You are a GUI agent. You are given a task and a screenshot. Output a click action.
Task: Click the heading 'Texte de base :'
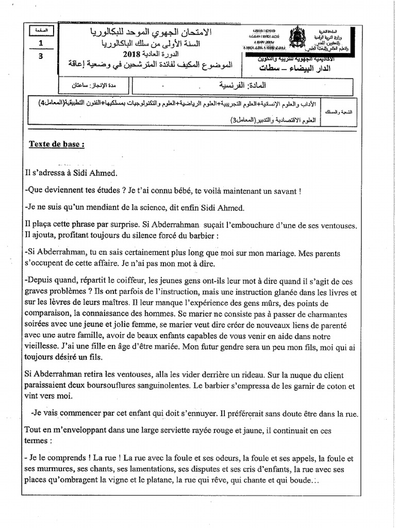point(56,144)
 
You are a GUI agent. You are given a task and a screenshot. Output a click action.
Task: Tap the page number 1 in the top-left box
point(41,44)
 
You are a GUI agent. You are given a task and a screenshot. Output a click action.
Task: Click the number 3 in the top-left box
point(41,57)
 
